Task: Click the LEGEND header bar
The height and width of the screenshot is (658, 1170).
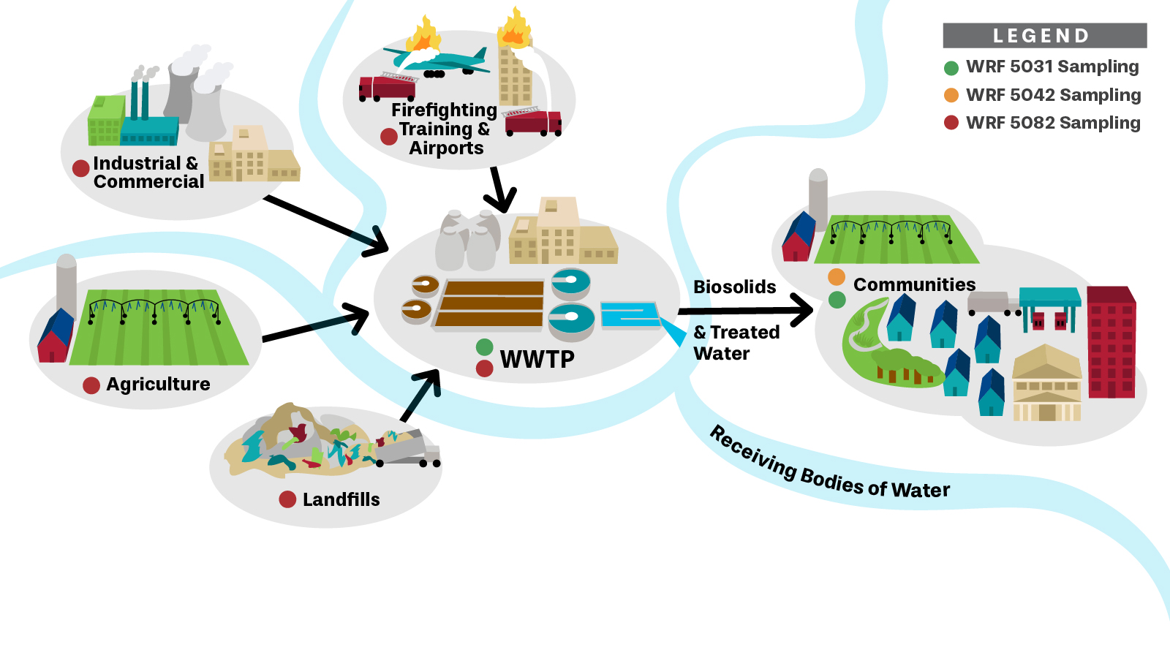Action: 1044,35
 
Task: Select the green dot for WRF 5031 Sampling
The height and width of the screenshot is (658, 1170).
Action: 951,68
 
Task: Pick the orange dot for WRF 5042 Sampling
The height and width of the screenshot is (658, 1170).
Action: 951,95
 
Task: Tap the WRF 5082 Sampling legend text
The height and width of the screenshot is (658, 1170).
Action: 1053,123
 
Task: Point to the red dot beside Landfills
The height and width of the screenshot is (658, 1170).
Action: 287,499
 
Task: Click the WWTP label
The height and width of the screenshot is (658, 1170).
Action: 537,360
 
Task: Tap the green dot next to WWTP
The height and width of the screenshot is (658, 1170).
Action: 484,347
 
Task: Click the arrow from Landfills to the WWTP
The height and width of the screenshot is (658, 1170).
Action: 421,395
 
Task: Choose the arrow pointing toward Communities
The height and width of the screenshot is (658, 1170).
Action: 746,311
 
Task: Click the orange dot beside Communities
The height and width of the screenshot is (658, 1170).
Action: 837,277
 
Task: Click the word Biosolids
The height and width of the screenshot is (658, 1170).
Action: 734,287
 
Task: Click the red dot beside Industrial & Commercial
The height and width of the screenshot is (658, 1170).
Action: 81,168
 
